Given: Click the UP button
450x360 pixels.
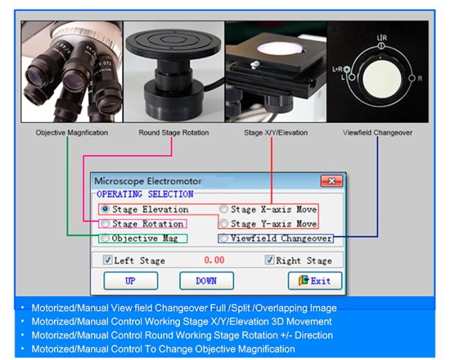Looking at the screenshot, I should pyautogui.click(x=130, y=280).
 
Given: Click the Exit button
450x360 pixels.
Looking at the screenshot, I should pyautogui.click(x=315, y=280).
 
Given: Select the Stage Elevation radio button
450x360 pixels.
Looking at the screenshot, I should pyautogui.click(x=105, y=209).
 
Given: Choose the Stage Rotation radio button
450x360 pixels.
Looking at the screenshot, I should pyautogui.click(x=105, y=224).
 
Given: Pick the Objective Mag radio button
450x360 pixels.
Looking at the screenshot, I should pyautogui.click(x=105, y=238).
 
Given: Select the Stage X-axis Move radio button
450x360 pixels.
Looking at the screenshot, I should pyautogui.click(x=224, y=209).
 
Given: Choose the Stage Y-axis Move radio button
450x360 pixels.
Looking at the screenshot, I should pyautogui.click(x=224, y=224).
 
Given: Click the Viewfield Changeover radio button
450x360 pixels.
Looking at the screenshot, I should pyautogui.click(x=224, y=238).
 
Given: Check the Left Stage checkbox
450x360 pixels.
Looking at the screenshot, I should pyautogui.click(x=107, y=261).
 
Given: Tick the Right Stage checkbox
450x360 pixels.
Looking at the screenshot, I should pyautogui.click(x=270, y=261).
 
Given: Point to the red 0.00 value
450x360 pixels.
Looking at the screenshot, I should pyautogui.click(x=214, y=261).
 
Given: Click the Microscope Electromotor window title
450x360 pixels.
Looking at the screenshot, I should pyautogui.click(x=145, y=181).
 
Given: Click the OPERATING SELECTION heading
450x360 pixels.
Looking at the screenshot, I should pyautogui.click(x=145, y=195).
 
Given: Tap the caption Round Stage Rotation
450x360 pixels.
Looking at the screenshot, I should pyautogui.click(x=173, y=132).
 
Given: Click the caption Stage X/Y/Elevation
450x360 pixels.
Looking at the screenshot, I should pyautogui.click(x=275, y=132).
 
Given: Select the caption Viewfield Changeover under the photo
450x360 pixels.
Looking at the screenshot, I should pyautogui.click(x=377, y=132).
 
